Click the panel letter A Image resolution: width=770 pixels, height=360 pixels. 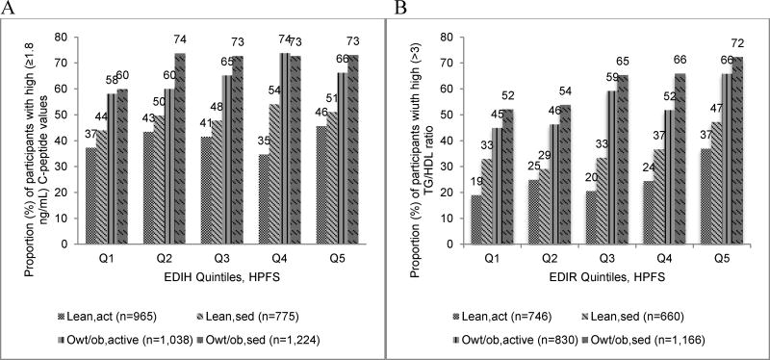tap(9, 10)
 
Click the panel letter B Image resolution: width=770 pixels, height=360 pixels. tap(394, 10)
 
